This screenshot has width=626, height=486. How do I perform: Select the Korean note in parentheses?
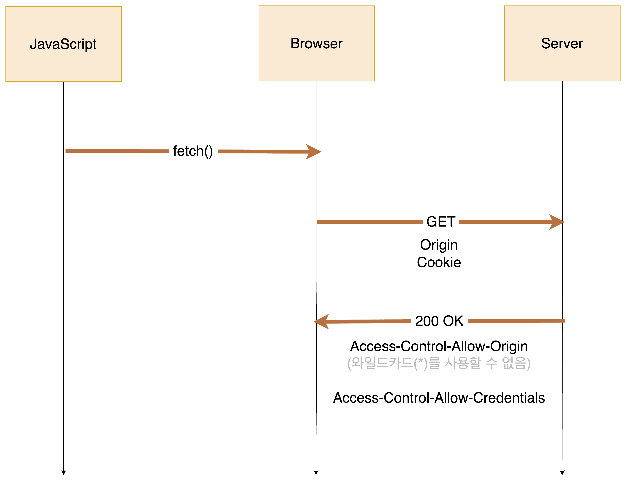click(x=439, y=363)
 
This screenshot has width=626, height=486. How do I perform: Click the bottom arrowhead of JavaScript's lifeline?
click(x=64, y=473)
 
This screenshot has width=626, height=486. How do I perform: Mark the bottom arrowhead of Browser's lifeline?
click(x=316, y=473)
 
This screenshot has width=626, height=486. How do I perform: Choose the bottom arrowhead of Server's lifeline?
click(x=562, y=473)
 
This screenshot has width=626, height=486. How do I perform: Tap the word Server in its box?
click(x=562, y=44)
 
